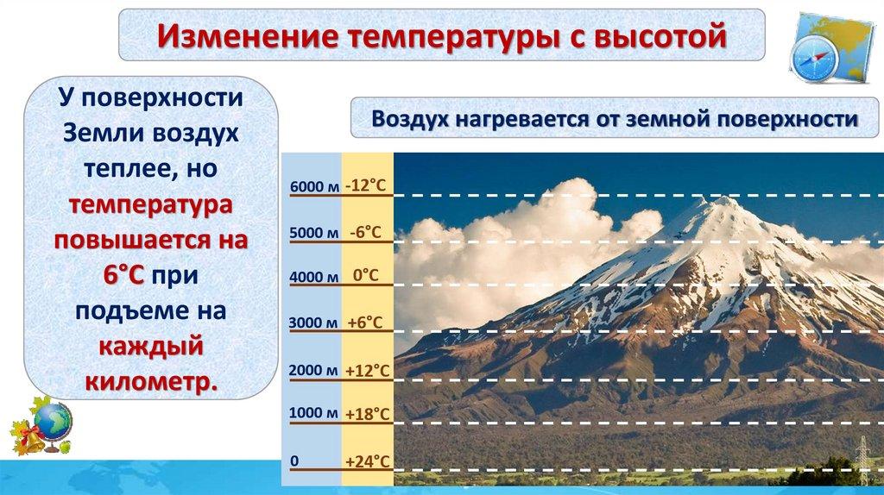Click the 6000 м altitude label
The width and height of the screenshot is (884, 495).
pyautogui.click(x=314, y=186)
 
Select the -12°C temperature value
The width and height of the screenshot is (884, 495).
pyautogui.click(x=366, y=185)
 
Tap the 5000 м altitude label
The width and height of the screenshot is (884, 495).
pyautogui.click(x=314, y=233)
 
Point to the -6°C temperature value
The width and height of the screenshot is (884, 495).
pyautogui.click(x=365, y=232)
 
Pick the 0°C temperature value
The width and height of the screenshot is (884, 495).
pyautogui.click(x=366, y=275)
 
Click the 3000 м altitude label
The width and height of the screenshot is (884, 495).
pyautogui.click(x=313, y=323)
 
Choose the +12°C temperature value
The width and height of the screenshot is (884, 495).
pyautogui.click(x=367, y=371)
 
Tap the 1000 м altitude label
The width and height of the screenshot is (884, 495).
pyautogui.click(x=313, y=413)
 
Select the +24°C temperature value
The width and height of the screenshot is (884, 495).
pyautogui.click(x=367, y=461)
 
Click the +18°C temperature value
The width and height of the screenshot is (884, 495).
pyautogui.click(x=367, y=414)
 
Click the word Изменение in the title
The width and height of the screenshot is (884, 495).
pyautogui.click(x=248, y=35)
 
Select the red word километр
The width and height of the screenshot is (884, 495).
pyautogui.click(x=151, y=382)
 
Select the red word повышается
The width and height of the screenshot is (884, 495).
pyautogui.click(x=151, y=240)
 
